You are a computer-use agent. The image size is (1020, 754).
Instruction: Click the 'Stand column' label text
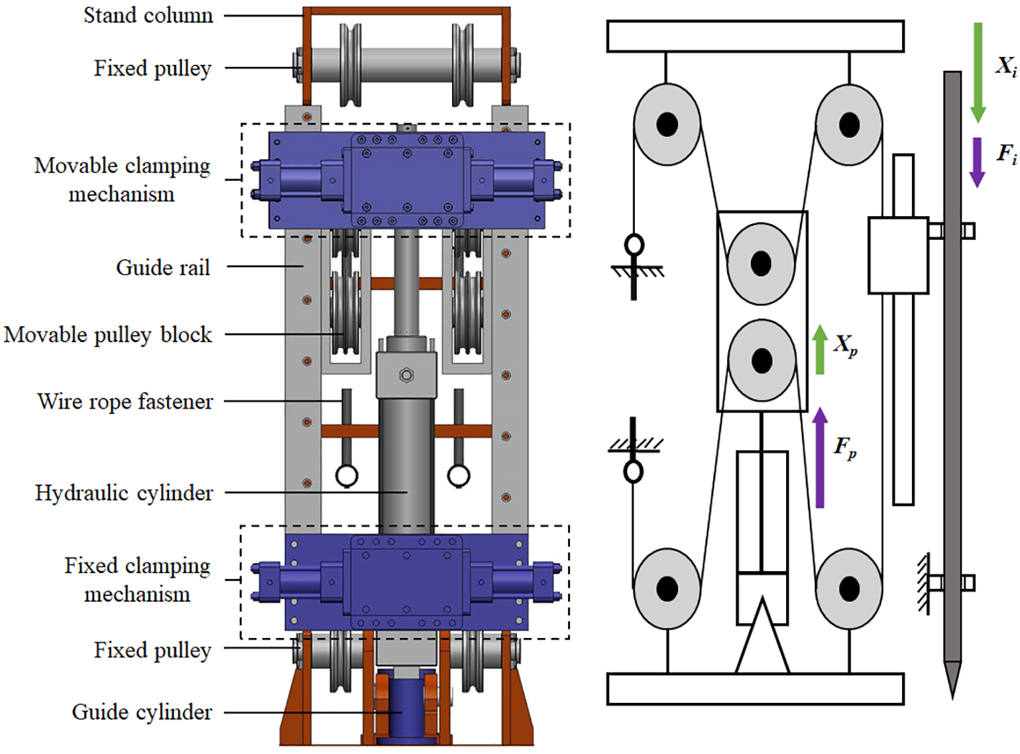pyautogui.click(x=148, y=15)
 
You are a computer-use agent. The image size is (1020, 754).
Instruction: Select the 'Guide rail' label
pyautogui.click(x=163, y=268)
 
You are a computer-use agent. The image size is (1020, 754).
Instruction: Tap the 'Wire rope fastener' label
pyautogui.click(x=125, y=401)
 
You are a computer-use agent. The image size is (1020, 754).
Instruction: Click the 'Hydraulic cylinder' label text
pyautogui.click(x=124, y=493)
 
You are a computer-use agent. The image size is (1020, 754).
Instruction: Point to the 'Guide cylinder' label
pyautogui.click(x=142, y=712)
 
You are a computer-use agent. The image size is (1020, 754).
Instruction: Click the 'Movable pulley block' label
pyautogui.click(x=108, y=335)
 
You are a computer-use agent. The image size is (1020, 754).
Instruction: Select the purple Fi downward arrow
pyautogui.click(x=977, y=162)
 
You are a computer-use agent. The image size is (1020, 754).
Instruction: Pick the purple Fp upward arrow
pyautogui.click(x=820, y=457)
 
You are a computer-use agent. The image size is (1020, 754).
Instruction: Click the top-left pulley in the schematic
pyautogui.click(x=667, y=125)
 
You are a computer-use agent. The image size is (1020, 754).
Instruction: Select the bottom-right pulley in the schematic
pyautogui.click(x=849, y=588)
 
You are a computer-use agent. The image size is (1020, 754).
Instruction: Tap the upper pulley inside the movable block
pyautogui.click(x=761, y=264)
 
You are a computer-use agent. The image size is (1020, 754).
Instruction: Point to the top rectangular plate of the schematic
pyautogui.click(x=755, y=36)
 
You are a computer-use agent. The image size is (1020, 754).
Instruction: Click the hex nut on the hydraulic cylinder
pyautogui.click(x=406, y=375)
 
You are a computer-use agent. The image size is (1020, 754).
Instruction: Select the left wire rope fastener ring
pyautogui.click(x=346, y=475)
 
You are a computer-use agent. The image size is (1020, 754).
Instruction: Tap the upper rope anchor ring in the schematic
pyautogui.click(x=634, y=246)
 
